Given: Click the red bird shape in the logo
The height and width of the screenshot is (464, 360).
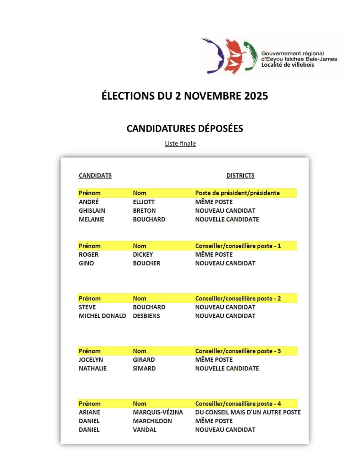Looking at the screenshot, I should pos(234,56).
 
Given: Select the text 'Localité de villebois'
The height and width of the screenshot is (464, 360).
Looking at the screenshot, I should pos(288,65).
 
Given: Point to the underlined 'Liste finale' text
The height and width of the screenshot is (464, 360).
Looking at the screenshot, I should pos(180,143).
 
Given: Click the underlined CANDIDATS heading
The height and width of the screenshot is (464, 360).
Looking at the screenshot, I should pos(95,175).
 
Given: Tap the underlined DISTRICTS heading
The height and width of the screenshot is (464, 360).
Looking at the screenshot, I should pos(240,175).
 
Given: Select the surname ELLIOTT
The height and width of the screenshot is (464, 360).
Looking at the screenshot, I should pos(144,202).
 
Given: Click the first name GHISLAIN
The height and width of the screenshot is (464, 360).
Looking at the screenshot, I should pos(92,211).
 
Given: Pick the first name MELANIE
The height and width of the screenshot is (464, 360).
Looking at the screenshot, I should pos(91,220).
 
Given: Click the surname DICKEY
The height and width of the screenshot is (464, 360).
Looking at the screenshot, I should pos(143,255).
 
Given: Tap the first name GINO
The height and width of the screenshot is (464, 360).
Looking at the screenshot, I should pos(86,263).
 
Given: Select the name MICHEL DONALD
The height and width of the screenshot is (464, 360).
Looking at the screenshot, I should pos(102,316).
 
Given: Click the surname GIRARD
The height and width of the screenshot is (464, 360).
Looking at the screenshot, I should pos(144,360).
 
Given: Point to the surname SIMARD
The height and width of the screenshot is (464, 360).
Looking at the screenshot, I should pos(144,369).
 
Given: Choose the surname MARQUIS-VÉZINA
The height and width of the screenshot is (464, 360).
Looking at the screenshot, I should pos(158,413).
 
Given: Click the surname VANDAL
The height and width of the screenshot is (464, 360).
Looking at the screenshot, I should pos(144,430).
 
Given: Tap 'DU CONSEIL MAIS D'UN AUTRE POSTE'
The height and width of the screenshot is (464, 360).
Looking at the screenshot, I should pos(248,413).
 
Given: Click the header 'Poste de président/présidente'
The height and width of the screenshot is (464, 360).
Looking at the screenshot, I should pos(237,193).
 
